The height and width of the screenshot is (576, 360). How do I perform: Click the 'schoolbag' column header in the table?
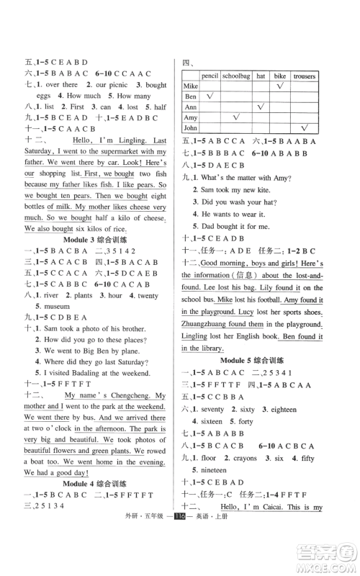pos(235,75)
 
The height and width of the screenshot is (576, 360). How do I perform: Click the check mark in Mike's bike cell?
pos(282,86)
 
